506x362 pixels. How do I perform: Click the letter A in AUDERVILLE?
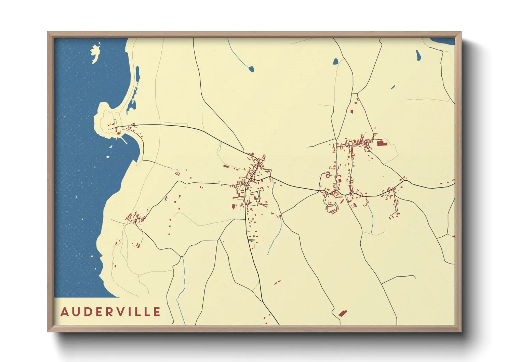(64, 312)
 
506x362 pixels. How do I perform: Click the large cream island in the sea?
(95, 53)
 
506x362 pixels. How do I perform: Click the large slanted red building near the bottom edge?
(342, 313)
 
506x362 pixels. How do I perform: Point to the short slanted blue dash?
(393, 87)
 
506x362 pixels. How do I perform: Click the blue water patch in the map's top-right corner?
(443, 41)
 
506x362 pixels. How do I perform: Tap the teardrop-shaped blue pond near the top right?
(418, 56)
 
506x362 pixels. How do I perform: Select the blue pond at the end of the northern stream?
(251, 69)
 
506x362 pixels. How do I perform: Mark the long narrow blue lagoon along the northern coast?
(137, 76)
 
